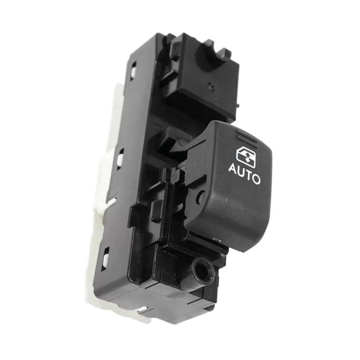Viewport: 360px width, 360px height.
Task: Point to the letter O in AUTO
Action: [255, 178]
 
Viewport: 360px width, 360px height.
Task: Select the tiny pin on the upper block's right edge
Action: [237, 106]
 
